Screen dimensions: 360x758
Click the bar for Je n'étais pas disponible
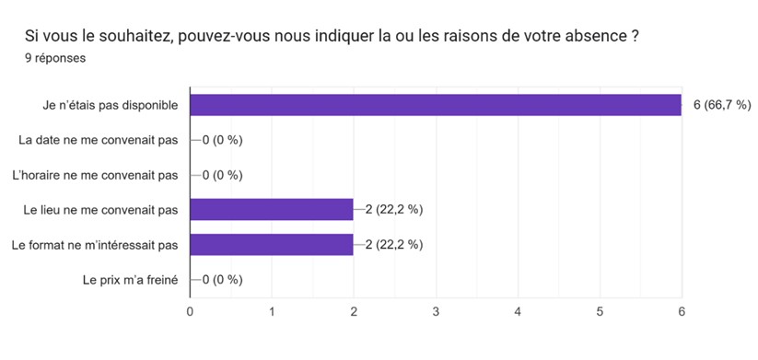(x=435, y=105)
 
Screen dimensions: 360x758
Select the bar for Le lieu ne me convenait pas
(x=271, y=210)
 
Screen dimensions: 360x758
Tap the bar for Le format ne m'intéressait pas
(x=271, y=245)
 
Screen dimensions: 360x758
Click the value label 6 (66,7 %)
(x=722, y=105)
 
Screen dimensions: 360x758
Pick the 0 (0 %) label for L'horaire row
(x=222, y=175)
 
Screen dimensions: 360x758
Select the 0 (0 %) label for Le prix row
(x=222, y=280)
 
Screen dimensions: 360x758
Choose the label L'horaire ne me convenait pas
(x=94, y=175)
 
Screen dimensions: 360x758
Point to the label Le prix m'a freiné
(x=130, y=280)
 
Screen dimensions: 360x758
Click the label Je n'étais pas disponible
(x=108, y=105)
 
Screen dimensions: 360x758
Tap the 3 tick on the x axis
(x=436, y=311)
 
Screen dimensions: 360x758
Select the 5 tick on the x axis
(x=600, y=311)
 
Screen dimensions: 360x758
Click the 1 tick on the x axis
(x=272, y=311)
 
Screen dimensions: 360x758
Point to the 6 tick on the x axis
(x=682, y=311)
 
